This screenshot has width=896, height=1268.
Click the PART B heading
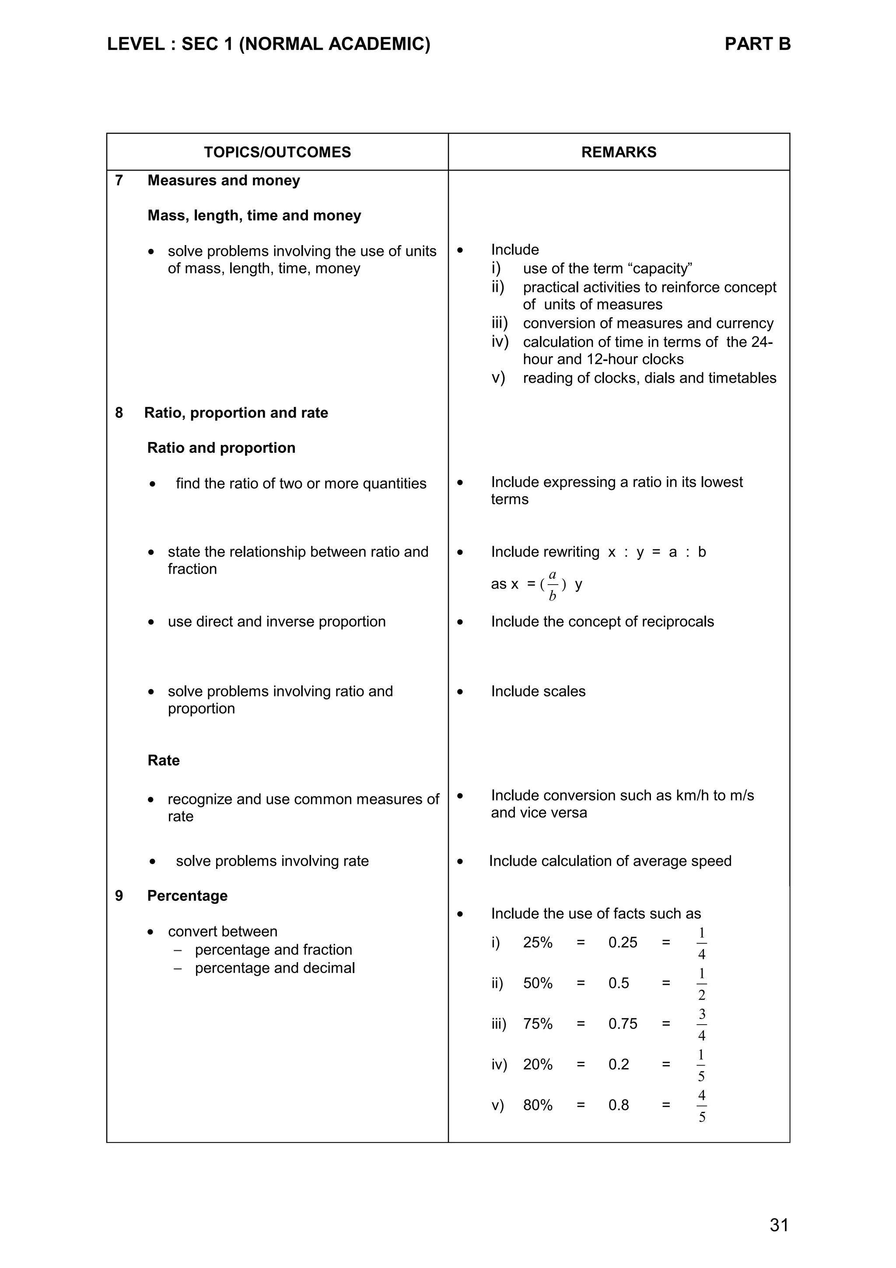pos(757,44)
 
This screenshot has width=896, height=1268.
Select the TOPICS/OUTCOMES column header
pos(277,152)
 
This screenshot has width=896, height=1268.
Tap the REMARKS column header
pos(618,152)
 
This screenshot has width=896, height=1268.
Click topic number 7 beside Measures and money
pos(119,181)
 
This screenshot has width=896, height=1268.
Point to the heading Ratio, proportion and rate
pos(236,413)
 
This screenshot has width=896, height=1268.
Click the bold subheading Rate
pos(164,760)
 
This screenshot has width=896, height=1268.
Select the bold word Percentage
pos(187,896)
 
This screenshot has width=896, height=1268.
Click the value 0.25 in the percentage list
pos(622,943)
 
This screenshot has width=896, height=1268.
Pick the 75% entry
pos(537,1024)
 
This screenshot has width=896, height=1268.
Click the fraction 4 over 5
pos(701,1106)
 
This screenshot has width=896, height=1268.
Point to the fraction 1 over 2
pos(701,984)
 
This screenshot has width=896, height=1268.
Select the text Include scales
pos(538,691)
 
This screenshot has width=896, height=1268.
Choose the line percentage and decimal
pos(274,968)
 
